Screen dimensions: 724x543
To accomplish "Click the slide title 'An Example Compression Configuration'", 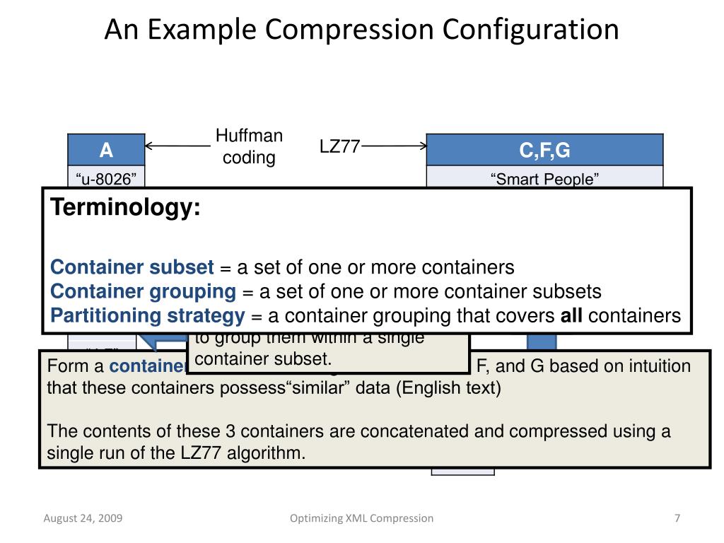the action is point(361,29).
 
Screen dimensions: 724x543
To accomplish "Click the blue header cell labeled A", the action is point(106,150).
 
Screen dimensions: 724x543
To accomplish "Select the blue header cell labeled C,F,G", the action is point(544,150).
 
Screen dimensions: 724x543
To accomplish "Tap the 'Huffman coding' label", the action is point(249,146).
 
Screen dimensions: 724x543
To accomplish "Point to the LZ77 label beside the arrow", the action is point(339,146).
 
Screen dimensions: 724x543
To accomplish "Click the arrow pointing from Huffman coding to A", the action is point(177,146).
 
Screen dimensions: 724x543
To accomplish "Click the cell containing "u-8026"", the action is point(106,179).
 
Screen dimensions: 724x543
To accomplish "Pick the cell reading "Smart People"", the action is point(544,179).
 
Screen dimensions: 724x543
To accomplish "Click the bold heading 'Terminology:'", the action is point(125,209).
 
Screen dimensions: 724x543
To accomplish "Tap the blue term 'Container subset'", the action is point(132,267).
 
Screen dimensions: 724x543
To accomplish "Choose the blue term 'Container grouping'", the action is point(144,291).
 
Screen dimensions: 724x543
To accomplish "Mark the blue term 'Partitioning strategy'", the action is point(148,315).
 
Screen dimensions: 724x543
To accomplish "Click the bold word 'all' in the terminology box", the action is point(571,315).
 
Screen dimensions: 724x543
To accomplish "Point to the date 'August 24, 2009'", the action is point(83,518).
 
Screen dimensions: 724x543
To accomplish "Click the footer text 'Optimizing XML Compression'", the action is point(362,518).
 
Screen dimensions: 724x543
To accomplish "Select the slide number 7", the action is point(677,518).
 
